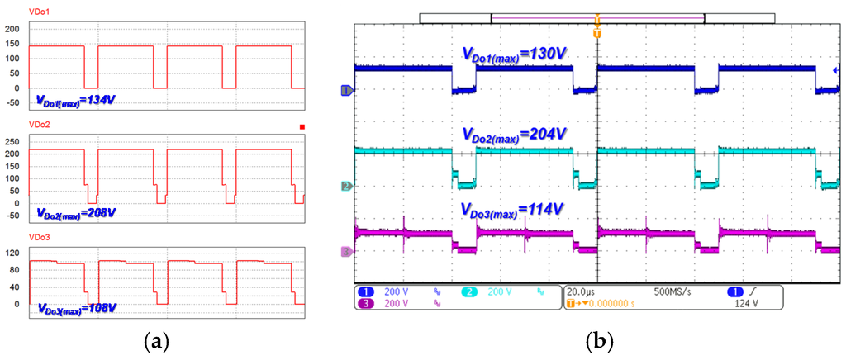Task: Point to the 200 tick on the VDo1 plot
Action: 12,30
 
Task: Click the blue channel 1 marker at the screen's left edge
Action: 347,90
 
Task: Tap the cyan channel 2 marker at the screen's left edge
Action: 347,187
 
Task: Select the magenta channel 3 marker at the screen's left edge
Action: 347,251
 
